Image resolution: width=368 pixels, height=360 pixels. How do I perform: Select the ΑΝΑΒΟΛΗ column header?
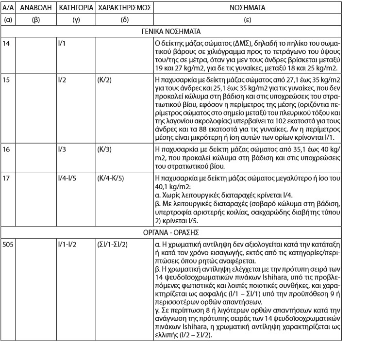pyautogui.click(x=35, y=9)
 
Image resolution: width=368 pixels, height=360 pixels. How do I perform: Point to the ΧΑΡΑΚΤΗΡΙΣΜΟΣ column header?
pyautogui.click(x=124, y=9)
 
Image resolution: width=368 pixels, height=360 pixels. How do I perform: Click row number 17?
pyautogui.click(x=7, y=179)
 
